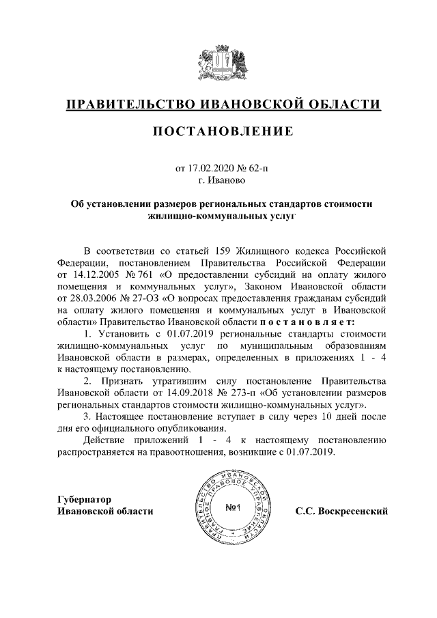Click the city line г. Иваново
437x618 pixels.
(218, 181)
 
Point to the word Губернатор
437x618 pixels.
(85, 498)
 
